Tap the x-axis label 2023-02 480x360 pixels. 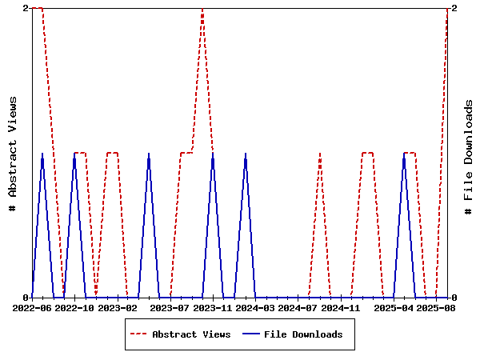pyautogui.click(x=118, y=307)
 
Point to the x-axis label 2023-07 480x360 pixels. pyautogui.click(x=170, y=307)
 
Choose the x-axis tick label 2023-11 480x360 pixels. pyautogui.click(x=213, y=307)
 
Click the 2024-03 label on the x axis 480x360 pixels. pyautogui.click(x=256, y=307)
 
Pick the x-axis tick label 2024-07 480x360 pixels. pyautogui.click(x=299, y=307)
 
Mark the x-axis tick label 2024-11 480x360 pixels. pyautogui.click(x=342, y=307)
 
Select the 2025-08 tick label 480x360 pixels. pyautogui.click(x=438, y=307)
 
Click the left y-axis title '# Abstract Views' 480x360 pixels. pyautogui.click(x=13, y=153)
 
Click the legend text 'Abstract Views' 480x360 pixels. pyautogui.click(x=191, y=334)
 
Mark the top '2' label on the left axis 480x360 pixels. pyautogui.click(x=26, y=8)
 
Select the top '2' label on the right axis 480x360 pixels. pyautogui.click(x=454, y=8)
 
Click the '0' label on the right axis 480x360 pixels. pyautogui.click(x=454, y=298)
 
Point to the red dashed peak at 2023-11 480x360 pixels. pyautogui.click(x=202, y=9)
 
